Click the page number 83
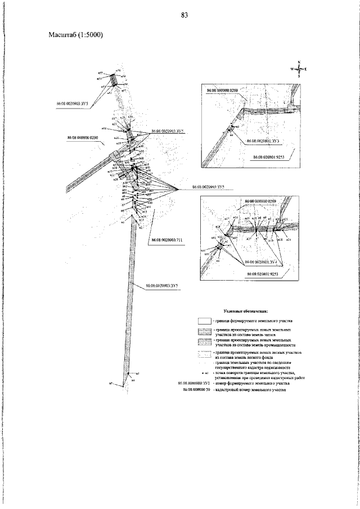pyautogui.click(x=184, y=15)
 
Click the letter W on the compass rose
pyautogui.click(x=292, y=69)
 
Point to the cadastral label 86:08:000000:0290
pyautogui.click(x=83, y=137)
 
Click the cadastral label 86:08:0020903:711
pyautogui.click(x=167, y=240)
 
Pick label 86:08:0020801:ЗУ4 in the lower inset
pyautogui.click(x=263, y=262)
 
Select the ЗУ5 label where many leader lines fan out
pyautogui.click(x=208, y=186)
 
